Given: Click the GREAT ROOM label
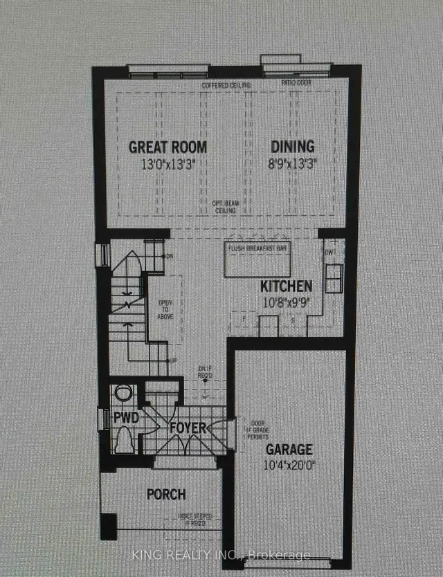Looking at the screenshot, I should [x=168, y=147].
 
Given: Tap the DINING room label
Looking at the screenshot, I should [x=291, y=147].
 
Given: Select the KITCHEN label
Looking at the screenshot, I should [x=286, y=286].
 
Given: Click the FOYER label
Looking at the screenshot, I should [x=188, y=428].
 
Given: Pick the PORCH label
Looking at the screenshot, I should [x=165, y=494].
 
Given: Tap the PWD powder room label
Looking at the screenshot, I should [x=127, y=418].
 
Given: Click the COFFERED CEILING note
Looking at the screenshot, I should [x=225, y=86].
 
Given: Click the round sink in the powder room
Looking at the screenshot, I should [x=123, y=394].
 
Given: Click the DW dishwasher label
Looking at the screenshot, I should [x=329, y=252].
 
